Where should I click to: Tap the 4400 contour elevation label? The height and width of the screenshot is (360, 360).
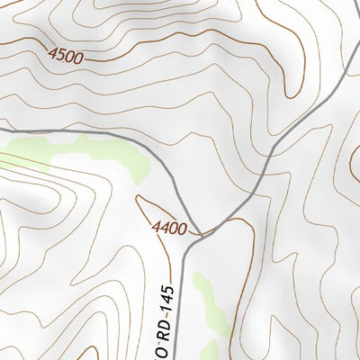pos(170,229)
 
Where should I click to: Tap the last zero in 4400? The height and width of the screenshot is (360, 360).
pos(183,229)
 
